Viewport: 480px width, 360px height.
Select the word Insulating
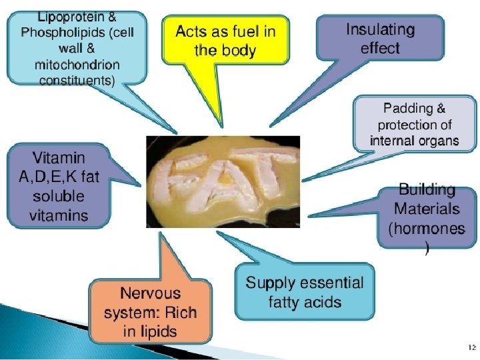tap(380, 30)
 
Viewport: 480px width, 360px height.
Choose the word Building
tap(427, 189)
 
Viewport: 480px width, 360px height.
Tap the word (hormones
tap(427, 229)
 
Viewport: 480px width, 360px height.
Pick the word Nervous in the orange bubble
tap(150, 293)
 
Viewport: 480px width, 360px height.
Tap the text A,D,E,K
tap(59, 177)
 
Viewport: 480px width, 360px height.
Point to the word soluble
tap(59, 197)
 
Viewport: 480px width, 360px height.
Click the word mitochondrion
tap(77, 65)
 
